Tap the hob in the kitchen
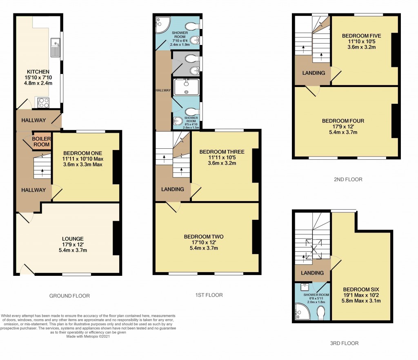tap(43, 103)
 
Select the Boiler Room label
tap(42, 141)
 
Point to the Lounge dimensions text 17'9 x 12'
tap(73, 245)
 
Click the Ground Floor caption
tap(69, 296)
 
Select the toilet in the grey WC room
tap(191, 59)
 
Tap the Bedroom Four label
tap(343, 121)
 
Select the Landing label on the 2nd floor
tap(313, 73)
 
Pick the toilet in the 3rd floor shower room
tap(321, 313)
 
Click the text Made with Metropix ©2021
tap(89, 336)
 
